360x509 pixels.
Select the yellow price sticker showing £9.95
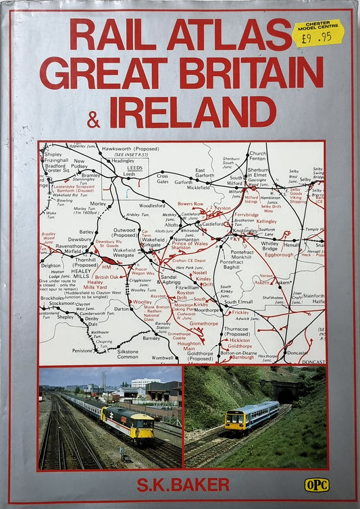[x=317, y=32]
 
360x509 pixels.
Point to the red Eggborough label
[x=279, y=255]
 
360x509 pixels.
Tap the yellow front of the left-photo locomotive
[x=143, y=427]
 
